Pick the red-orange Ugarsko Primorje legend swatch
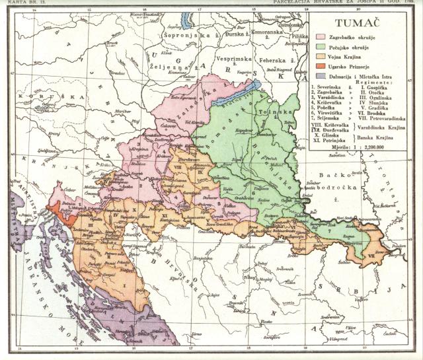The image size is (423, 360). coord(322,67)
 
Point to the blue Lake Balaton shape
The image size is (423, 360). coord(232,95)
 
